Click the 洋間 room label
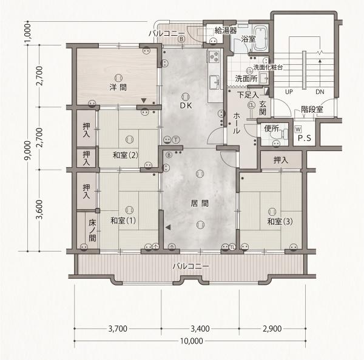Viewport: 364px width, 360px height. (118, 87)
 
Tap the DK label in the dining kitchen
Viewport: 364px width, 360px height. (186, 105)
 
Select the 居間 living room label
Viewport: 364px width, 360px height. (200, 204)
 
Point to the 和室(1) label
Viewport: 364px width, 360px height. (123, 221)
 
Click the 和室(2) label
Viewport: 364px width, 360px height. (126, 155)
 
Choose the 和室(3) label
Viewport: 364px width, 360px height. (280, 222)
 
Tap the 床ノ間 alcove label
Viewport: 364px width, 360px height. (92, 230)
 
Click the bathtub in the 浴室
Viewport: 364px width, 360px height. (260, 39)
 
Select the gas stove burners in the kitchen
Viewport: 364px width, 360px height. (214, 56)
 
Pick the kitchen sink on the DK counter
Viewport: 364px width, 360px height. (214, 82)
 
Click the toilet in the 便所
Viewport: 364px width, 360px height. (283, 134)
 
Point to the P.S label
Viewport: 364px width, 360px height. (305, 138)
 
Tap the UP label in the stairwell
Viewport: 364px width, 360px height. (289, 92)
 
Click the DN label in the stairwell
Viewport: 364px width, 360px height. (320, 92)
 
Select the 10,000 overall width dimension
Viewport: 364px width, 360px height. (192, 341)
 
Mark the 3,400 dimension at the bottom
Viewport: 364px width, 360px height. (200, 328)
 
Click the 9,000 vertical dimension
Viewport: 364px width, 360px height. (28, 150)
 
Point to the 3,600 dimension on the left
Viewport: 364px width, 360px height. (39, 210)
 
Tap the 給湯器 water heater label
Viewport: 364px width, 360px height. (226, 30)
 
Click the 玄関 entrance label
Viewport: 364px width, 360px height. (263, 108)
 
